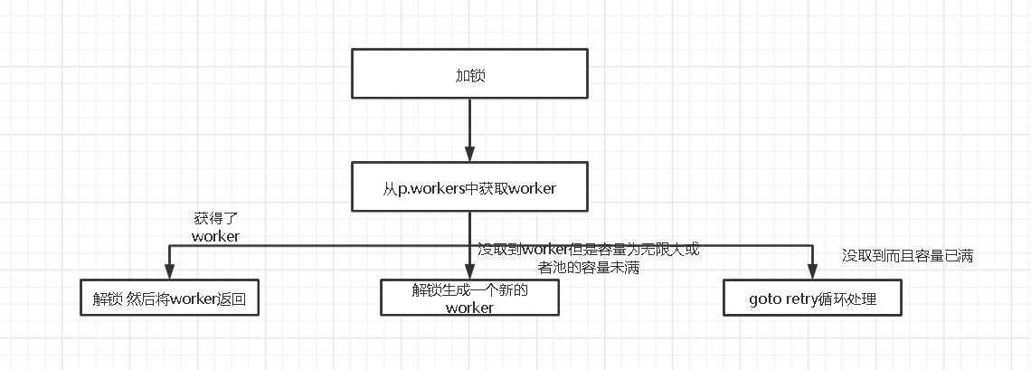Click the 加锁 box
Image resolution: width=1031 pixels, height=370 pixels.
469,75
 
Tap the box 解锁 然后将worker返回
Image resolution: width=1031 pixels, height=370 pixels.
168,299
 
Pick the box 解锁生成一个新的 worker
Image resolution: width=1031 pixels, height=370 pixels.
469,298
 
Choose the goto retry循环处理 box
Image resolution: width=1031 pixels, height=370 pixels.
812,299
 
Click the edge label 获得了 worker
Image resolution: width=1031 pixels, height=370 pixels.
215,227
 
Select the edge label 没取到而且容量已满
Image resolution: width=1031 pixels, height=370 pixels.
907,256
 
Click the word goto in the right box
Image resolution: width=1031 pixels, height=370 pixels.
766,299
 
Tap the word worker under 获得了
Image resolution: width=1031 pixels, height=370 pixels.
215,236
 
